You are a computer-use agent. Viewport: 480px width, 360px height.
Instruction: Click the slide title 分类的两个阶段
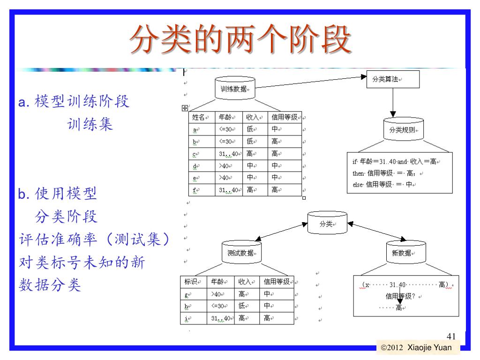(x=240, y=39)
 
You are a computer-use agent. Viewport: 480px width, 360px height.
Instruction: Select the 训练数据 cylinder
(x=235, y=88)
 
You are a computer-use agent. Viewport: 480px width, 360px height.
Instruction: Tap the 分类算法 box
(x=392, y=80)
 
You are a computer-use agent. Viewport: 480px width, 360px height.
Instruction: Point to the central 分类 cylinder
(x=326, y=223)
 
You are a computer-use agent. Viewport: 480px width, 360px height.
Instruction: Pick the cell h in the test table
(x=187, y=307)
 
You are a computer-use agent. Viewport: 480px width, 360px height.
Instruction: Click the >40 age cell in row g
(x=217, y=294)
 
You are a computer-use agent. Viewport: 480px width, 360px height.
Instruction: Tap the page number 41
(x=451, y=336)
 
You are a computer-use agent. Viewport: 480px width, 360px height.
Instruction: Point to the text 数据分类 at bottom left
(x=50, y=284)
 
